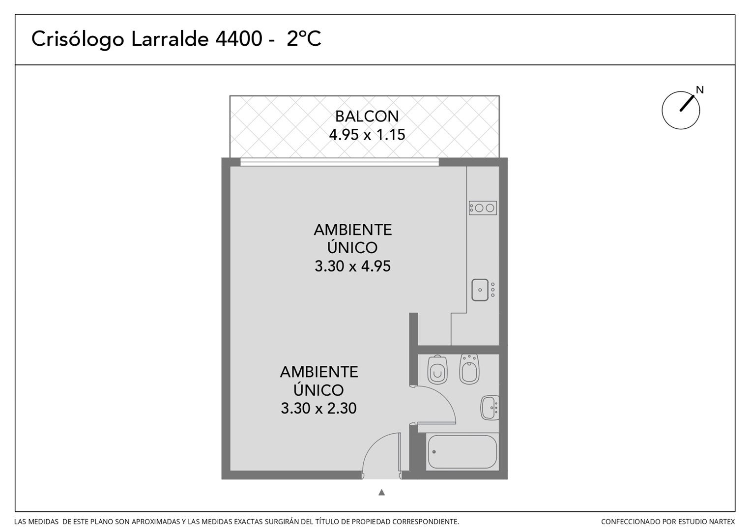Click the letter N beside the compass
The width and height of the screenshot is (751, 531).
click(x=700, y=90)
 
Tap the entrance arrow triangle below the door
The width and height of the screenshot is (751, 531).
click(x=381, y=493)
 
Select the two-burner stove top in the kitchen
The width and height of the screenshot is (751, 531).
click(x=483, y=208)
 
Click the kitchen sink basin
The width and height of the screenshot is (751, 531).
click(x=480, y=290)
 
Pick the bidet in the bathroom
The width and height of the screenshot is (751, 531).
click(x=469, y=369)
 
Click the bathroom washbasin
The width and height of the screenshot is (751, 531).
click(x=490, y=408)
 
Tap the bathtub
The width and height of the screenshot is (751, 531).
click(x=462, y=452)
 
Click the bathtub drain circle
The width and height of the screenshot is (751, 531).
click(x=434, y=452)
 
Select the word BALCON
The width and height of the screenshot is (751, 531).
click(x=367, y=117)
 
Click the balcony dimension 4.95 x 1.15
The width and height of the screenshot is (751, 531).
click(x=367, y=135)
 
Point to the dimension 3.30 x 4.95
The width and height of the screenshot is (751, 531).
click(x=353, y=266)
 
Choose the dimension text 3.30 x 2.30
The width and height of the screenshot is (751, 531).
click(x=318, y=409)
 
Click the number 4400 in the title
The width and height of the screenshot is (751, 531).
click(x=239, y=38)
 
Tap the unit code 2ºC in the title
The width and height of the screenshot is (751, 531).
click(x=304, y=38)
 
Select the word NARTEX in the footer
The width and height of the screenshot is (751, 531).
click(x=722, y=522)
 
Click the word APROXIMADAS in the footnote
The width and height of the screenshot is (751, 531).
click(x=156, y=522)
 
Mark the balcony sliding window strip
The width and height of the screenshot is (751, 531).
click(x=340, y=162)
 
